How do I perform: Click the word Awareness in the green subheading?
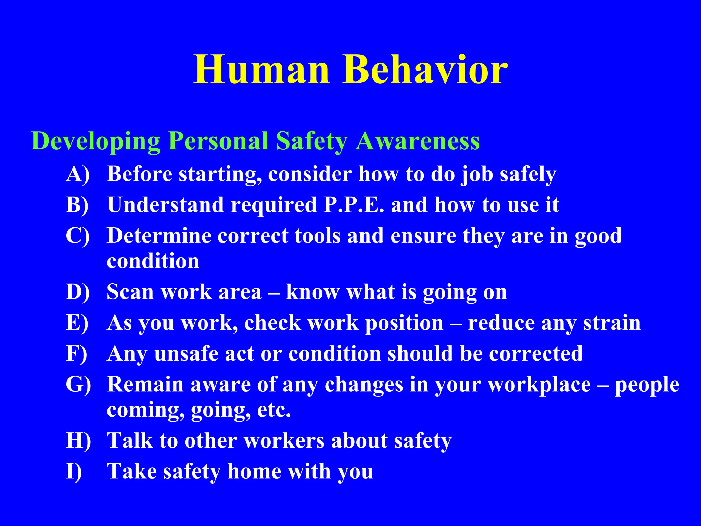point(417,141)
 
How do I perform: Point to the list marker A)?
point(78,174)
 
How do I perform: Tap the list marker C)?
point(78,236)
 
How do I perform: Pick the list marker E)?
point(77,323)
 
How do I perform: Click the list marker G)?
point(78,385)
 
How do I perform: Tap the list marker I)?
point(74,472)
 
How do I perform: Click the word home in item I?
point(254,472)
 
